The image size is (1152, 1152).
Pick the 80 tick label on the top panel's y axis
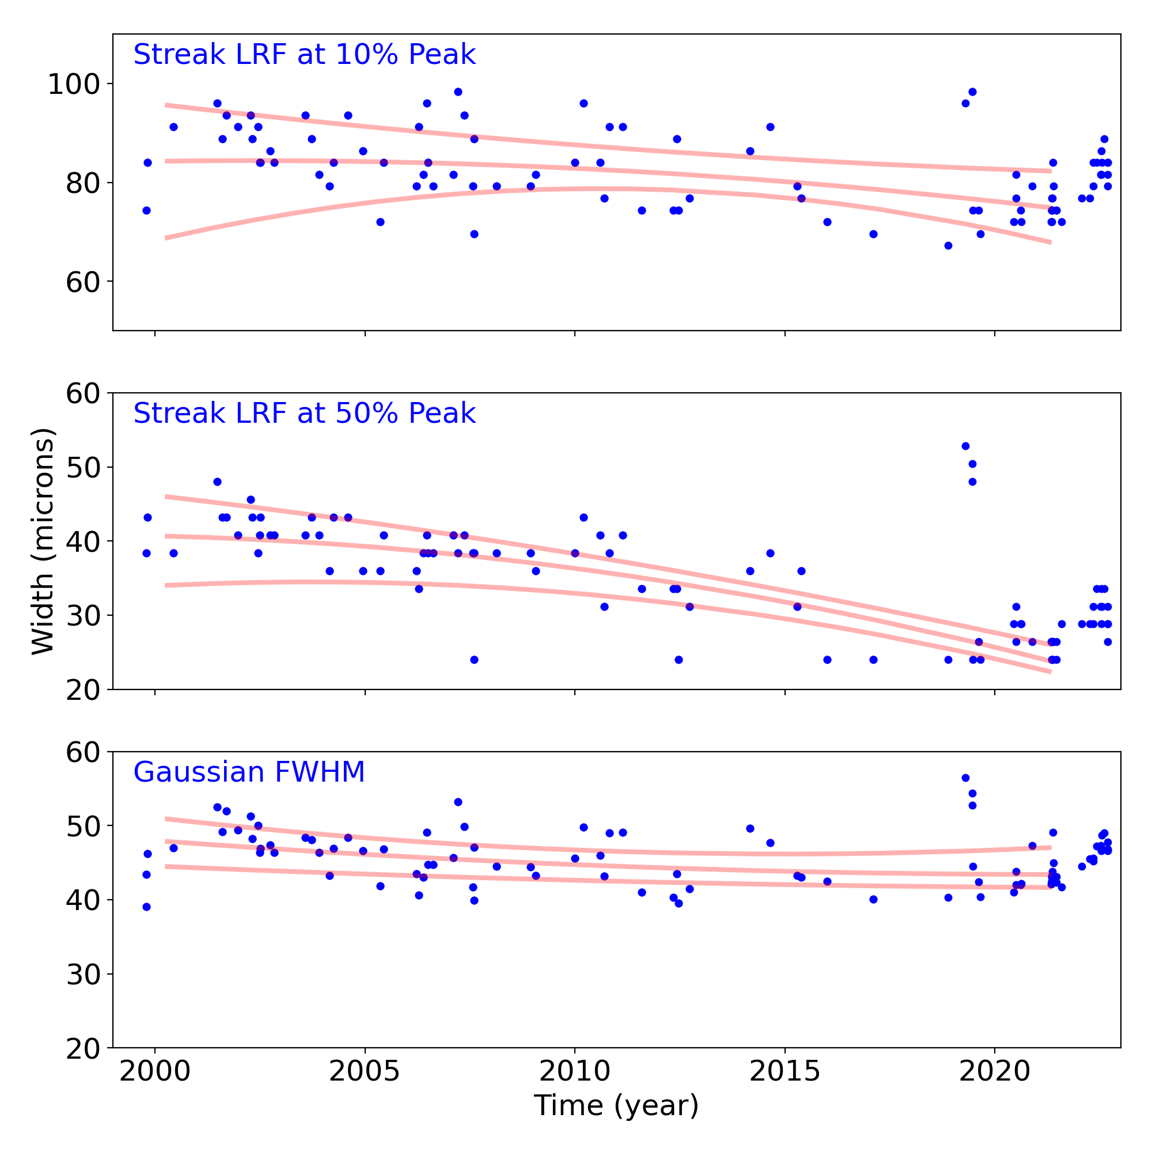pyautogui.click(x=82, y=183)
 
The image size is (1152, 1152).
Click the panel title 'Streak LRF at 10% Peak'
pyautogui.click(x=304, y=55)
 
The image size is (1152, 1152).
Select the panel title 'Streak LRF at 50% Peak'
pyautogui.click(x=304, y=414)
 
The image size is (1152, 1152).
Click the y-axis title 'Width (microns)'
pyautogui.click(x=43, y=541)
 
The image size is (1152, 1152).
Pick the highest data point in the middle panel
pyautogui.click(x=965, y=446)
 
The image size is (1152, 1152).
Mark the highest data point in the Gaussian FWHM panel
pyautogui.click(x=965, y=778)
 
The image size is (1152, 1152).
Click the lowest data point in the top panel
pyautogui.click(x=948, y=246)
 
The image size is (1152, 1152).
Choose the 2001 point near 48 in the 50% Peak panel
pyautogui.click(x=217, y=482)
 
